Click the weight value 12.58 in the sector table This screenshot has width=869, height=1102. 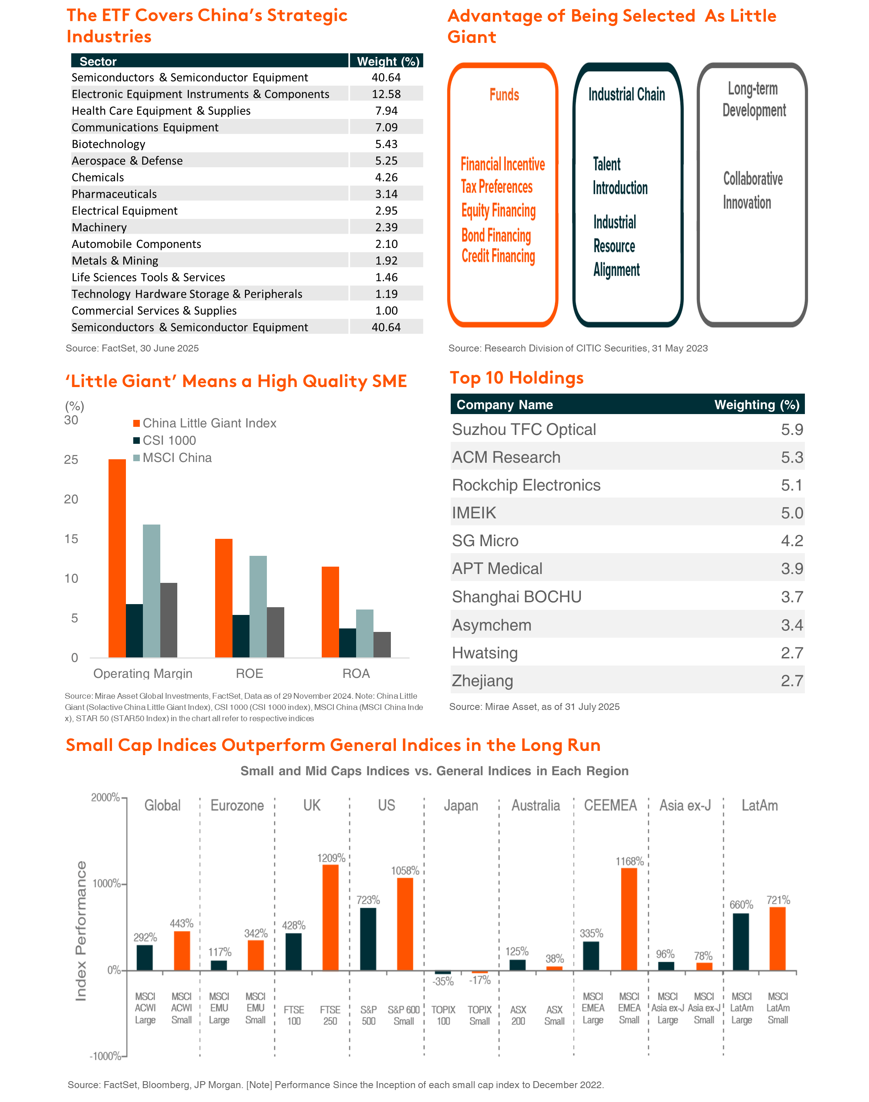[x=386, y=94]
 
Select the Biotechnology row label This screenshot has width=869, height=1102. [x=109, y=144]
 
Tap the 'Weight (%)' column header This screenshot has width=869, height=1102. [x=388, y=61]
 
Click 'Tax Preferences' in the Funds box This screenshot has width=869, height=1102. [x=497, y=187]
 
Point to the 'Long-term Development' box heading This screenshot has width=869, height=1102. [x=754, y=99]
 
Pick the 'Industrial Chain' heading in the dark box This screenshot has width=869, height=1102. [x=627, y=94]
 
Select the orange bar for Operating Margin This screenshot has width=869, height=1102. [x=117, y=558]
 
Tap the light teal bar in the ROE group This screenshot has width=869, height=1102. [x=258, y=606]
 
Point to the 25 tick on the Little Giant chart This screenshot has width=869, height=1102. [x=71, y=459]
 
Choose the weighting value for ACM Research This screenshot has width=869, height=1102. [x=792, y=457]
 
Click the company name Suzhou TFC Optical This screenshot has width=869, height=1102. [x=524, y=430]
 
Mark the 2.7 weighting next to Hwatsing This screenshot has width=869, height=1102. [x=792, y=653]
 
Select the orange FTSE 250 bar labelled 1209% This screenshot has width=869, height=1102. [x=330, y=917]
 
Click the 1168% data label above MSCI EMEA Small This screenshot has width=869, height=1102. [x=630, y=861]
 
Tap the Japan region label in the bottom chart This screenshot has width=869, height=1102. [x=461, y=805]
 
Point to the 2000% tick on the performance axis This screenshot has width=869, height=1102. [x=105, y=797]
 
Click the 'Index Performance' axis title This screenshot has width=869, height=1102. [x=81, y=931]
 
